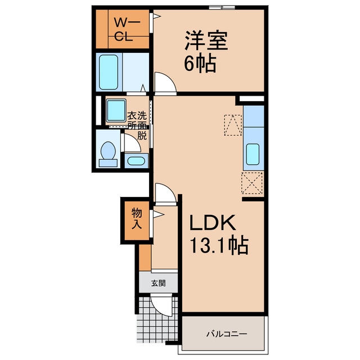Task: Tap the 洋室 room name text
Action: pyautogui.click(x=206, y=41)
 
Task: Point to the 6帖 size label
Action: pyautogui.click(x=200, y=62)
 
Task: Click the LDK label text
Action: pyautogui.click(x=213, y=223)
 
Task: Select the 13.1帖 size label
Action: pyautogui.click(x=219, y=245)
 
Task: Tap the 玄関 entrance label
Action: pyautogui.click(x=159, y=283)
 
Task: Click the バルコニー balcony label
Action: pyautogui.click(x=227, y=334)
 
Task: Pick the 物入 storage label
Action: pyautogui.click(x=137, y=219)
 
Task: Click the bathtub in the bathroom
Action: pyautogui.click(x=109, y=72)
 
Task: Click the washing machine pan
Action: pyautogui.click(x=116, y=111)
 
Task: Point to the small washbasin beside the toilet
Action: pyautogui.click(x=136, y=161)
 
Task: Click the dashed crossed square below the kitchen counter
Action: pyautogui.click(x=252, y=183)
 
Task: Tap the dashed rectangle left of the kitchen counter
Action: pyautogui.click(x=233, y=125)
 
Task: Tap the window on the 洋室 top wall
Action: pyautogui.click(x=222, y=7)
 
